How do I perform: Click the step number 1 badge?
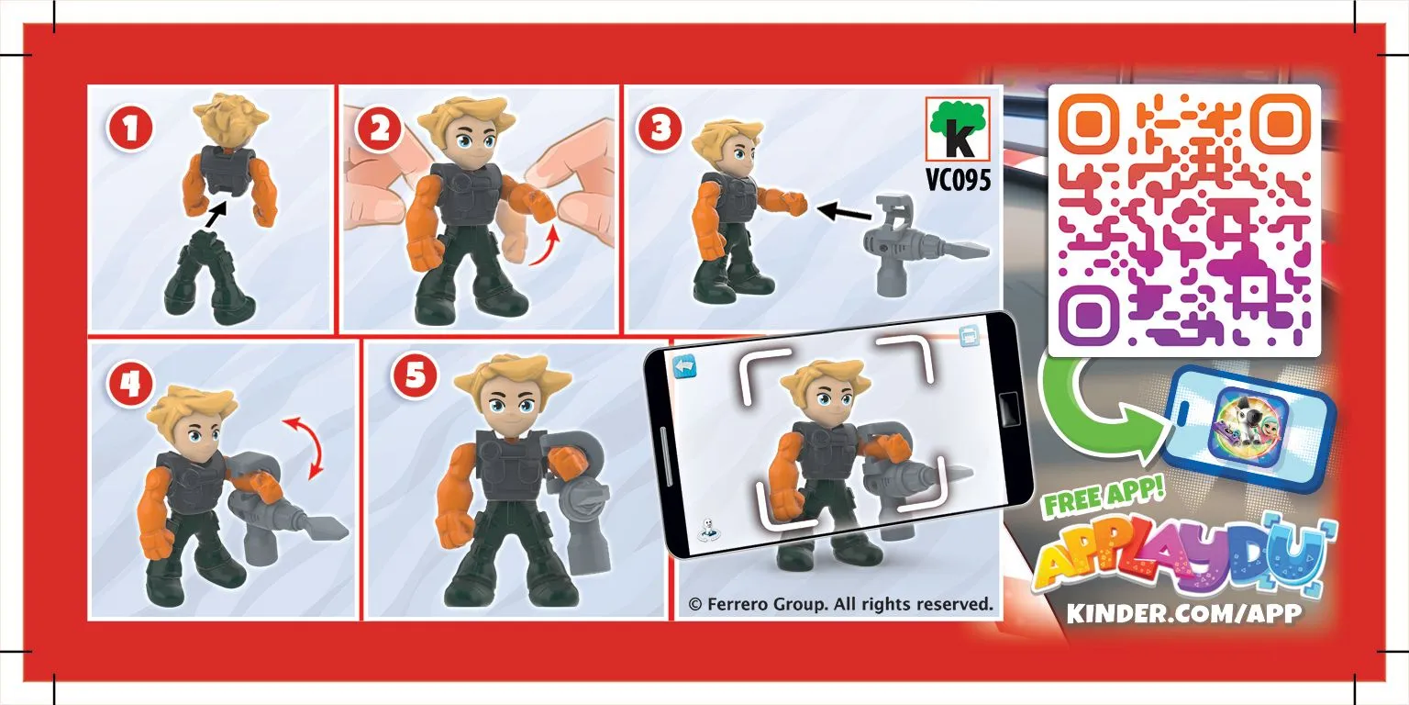130,129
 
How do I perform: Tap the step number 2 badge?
379,129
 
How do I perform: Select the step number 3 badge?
660,129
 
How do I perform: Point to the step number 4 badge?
130,384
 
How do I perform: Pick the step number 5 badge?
415,375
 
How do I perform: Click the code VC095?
958,179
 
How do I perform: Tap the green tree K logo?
958,129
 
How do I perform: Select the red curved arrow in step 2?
546,247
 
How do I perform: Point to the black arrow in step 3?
844,212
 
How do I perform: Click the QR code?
1184,220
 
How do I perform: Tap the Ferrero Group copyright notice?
840,604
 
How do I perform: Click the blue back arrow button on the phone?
685,366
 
